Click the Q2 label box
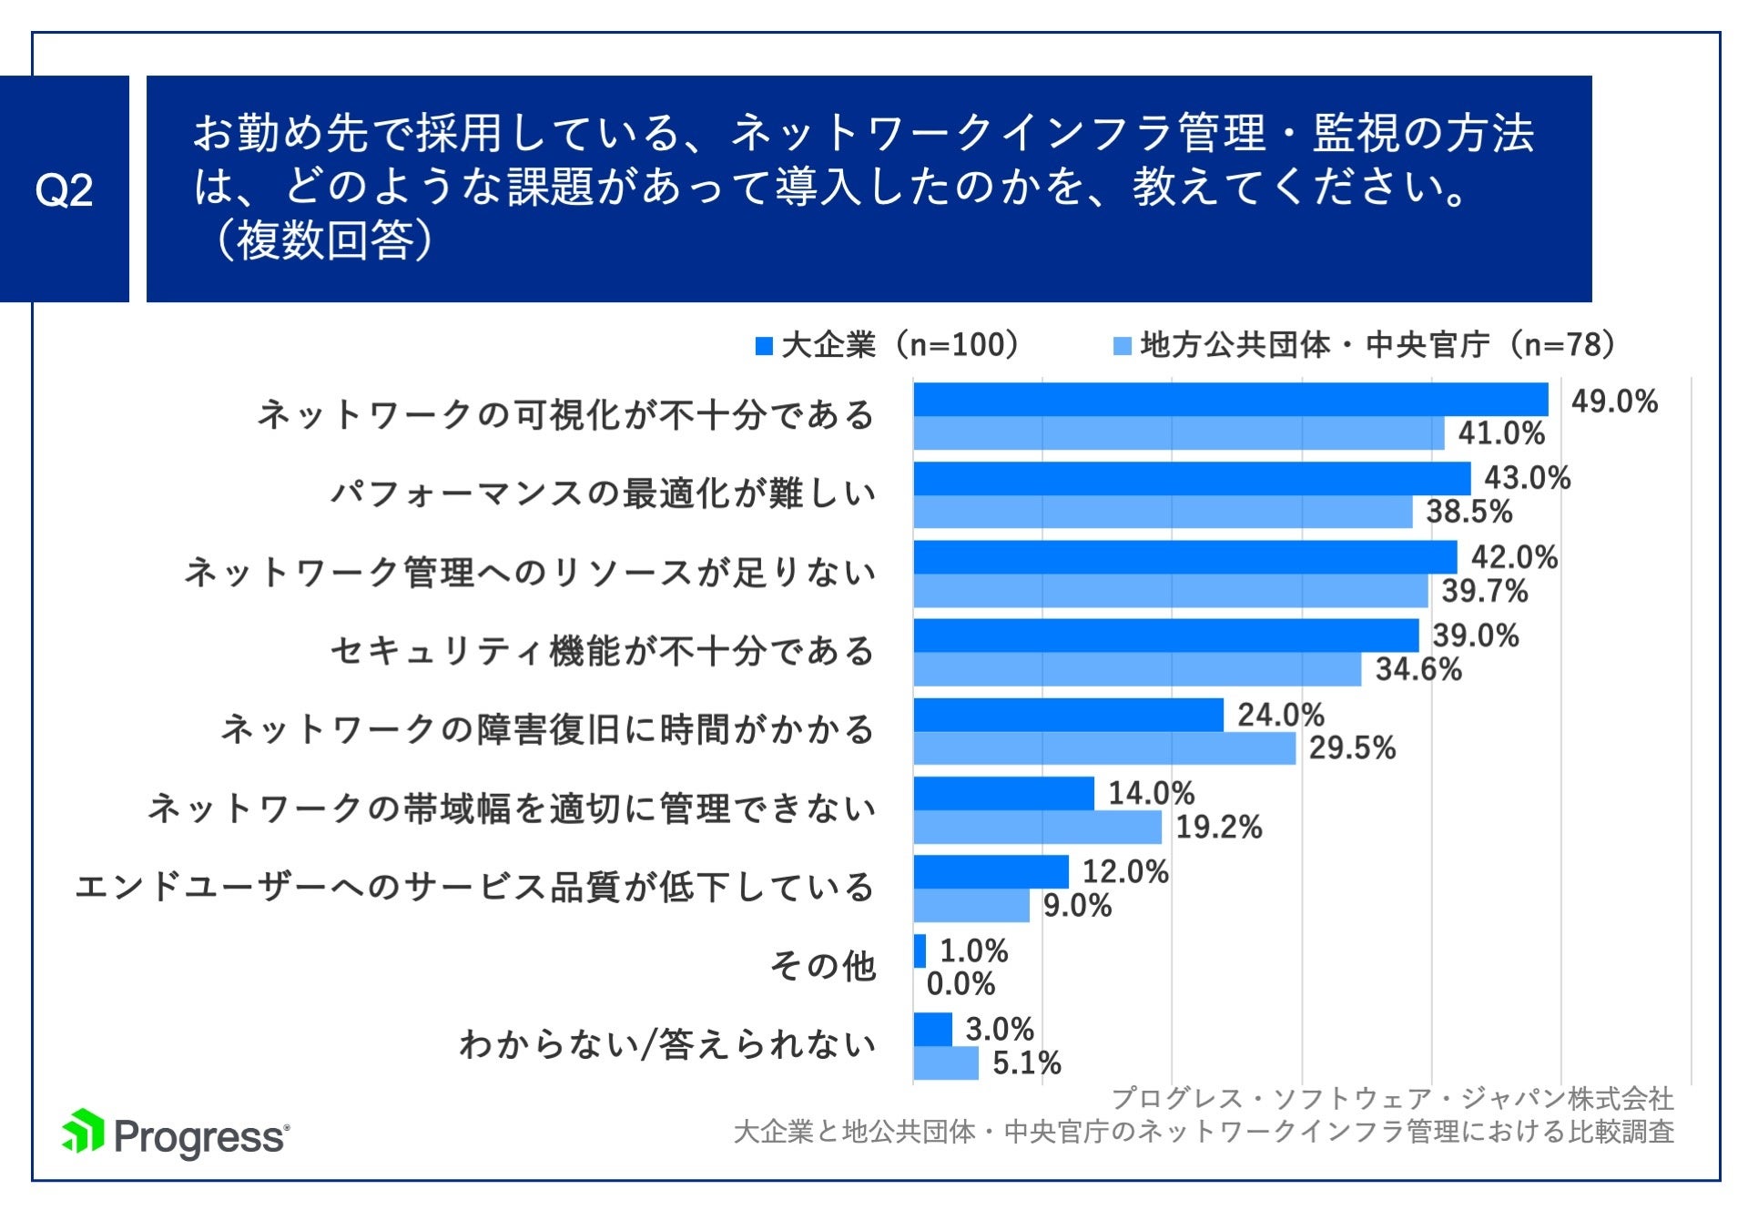click(64, 188)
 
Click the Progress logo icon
click(83, 1132)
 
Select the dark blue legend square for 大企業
click(764, 346)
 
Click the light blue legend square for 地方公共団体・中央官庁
click(1123, 346)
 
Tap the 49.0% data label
click(1613, 401)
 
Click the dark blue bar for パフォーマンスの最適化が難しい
click(1191, 478)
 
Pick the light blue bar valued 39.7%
click(1170, 591)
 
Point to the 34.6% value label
click(1418, 669)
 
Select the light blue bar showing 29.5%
click(1103, 748)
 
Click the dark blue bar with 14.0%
click(1003, 793)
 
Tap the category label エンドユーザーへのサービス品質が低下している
click(474, 887)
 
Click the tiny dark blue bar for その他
click(920, 951)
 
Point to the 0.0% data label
click(960, 984)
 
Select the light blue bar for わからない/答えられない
click(946, 1063)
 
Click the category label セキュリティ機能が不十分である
click(602, 651)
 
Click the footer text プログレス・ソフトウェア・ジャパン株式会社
click(1392, 1098)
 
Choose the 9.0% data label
click(1076, 906)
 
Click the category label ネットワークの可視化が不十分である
click(565, 414)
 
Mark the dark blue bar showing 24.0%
click(1068, 715)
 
